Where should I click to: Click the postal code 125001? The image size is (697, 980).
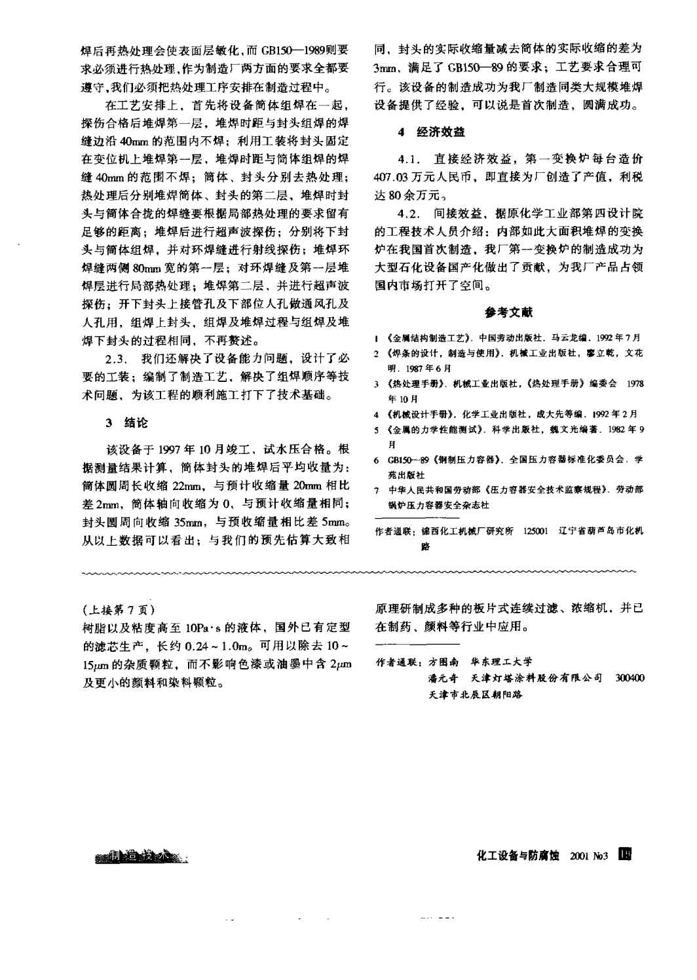[536, 531]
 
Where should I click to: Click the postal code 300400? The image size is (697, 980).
[630, 678]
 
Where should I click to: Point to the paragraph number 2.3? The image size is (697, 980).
[115, 361]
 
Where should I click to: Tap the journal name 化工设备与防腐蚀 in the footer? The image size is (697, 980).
[518, 856]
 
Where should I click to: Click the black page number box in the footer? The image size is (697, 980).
[625, 855]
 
